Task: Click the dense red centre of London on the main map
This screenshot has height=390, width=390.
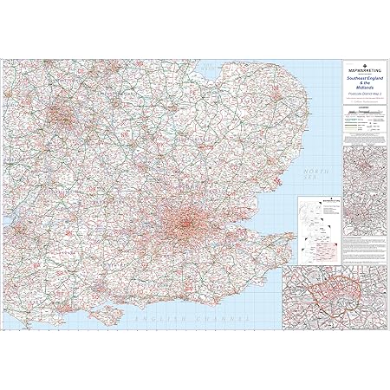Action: [185, 224]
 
